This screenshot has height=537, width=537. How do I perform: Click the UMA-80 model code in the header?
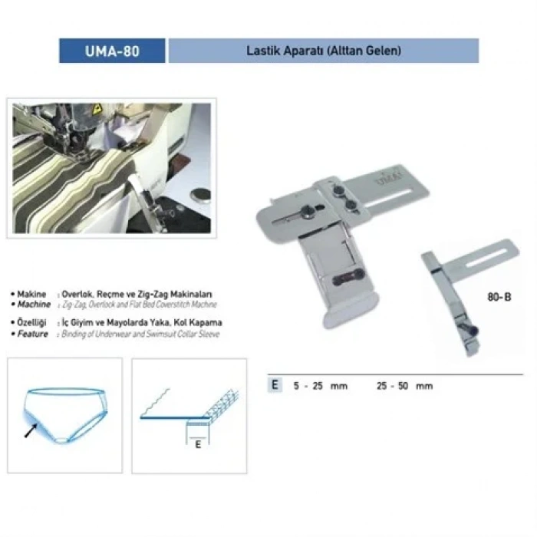coord(112,51)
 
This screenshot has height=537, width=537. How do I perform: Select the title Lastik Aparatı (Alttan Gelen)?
coord(323,51)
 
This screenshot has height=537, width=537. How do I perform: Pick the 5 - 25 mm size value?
coord(320,386)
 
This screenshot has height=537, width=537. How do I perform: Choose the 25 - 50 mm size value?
coord(405,386)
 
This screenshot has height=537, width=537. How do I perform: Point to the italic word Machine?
coord(33,305)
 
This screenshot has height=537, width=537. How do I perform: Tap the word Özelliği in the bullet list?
coord(33,323)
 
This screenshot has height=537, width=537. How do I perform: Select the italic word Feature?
coord(33,334)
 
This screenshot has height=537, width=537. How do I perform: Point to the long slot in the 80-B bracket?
coord(484,252)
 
